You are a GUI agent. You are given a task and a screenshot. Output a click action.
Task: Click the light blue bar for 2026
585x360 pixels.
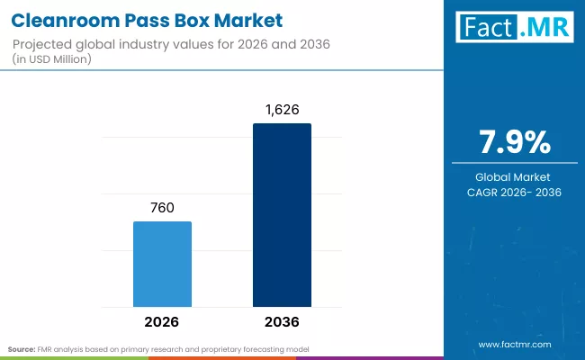[162, 263]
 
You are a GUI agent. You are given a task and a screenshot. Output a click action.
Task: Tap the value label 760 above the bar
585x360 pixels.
[162, 207]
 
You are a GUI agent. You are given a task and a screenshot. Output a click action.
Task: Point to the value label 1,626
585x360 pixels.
[282, 109]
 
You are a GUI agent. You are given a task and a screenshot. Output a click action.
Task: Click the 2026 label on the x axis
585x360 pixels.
[162, 321]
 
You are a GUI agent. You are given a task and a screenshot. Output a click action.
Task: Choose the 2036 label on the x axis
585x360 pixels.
[282, 321]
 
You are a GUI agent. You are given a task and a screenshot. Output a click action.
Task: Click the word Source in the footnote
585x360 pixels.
[22, 348]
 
